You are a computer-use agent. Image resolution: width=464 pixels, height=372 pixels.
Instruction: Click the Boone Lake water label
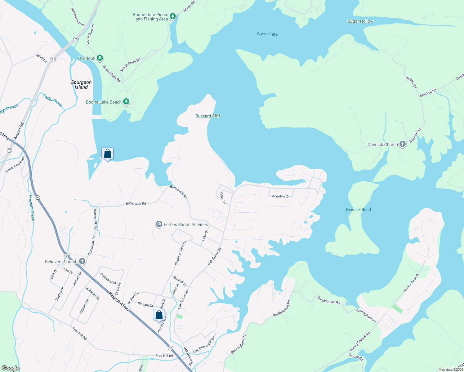[x=267, y=34]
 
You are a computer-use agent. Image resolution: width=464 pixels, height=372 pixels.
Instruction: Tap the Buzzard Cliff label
[x=208, y=116]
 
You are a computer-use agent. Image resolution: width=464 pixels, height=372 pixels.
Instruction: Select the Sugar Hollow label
[x=360, y=21]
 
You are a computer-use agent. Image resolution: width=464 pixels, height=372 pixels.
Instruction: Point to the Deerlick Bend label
[x=358, y=210]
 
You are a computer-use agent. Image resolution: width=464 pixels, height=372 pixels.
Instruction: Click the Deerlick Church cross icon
[x=402, y=144]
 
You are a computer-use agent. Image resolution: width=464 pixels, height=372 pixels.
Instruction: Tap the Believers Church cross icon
[x=82, y=261]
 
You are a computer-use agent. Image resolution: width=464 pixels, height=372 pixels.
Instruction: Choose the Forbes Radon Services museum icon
[x=159, y=224]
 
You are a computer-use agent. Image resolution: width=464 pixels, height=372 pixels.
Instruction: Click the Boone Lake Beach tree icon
[x=126, y=102]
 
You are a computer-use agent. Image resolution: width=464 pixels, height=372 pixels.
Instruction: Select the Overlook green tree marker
[x=100, y=58]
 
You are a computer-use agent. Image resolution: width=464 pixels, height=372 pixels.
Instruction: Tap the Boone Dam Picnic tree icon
[x=173, y=16]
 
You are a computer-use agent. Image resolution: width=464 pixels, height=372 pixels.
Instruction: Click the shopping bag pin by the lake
[x=107, y=154]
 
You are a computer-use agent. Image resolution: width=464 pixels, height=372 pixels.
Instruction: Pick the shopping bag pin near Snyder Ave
[x=159, y=315]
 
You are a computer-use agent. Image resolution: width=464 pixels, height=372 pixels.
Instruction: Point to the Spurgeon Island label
[x=81, y=85]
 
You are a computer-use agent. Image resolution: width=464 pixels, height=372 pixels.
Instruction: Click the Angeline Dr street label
[x=281, y=196]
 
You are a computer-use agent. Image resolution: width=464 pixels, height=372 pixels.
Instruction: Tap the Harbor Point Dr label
[x=411, y=283]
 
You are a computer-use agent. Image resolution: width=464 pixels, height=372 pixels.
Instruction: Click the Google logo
[x=10, y=368]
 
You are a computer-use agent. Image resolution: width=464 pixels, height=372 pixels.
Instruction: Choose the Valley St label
[x=223, y=198]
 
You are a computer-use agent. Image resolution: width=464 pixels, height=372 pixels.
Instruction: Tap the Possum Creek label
[x=32, y=208]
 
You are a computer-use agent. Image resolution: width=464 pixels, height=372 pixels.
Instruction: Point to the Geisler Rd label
[x=411, y=82]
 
